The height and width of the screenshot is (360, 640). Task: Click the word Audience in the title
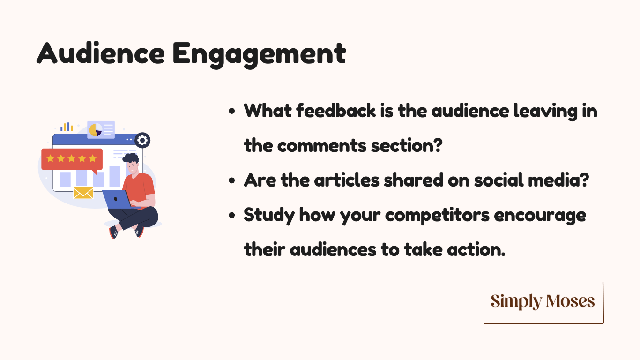(x=101, y=53)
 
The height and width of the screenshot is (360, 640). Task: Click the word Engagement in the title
(x=260, y=55)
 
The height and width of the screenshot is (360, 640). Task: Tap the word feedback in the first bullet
(x=336, y=111)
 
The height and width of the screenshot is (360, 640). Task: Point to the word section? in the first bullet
(x=407, y=145)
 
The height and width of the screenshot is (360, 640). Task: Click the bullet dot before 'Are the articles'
(x=232, y=181)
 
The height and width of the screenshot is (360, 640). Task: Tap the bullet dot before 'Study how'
(x=232, y=215)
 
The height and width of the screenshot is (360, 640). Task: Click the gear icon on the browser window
(x=142, y=141)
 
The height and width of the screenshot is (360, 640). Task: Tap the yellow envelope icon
(x=83, y=193)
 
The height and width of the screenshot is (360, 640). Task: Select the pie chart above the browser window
(x=96, y=130)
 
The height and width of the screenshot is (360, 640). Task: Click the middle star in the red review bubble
(x=71, y=158)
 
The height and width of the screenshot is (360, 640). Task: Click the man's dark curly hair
(x=131, y=158)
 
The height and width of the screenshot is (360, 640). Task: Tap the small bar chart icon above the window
(x=67, y=127)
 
